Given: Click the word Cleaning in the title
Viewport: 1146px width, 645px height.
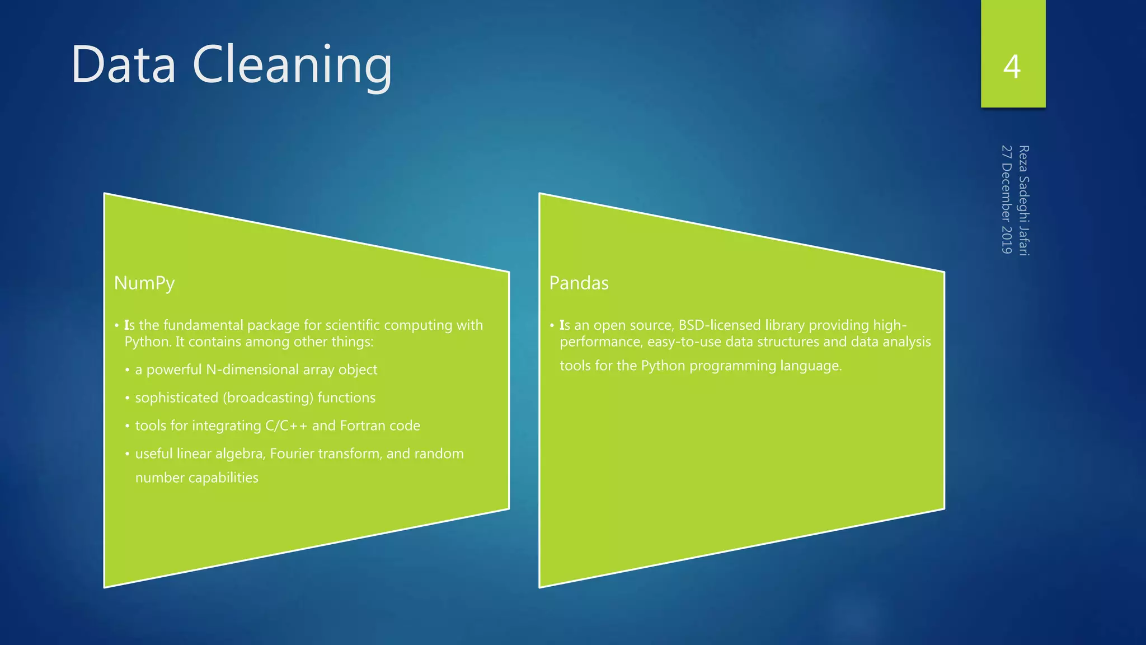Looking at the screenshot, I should pos(292,66).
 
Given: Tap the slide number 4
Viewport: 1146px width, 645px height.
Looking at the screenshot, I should pos(1012,67).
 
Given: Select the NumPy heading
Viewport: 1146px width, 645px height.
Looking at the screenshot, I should pos(144,283).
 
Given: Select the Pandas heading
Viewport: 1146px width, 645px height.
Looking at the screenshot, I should pos(579,283).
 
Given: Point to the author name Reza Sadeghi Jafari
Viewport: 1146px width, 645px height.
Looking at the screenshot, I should pos(1023,200).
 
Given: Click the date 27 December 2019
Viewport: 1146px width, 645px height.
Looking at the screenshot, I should pos(1007,199).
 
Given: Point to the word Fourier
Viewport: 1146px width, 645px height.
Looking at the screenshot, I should pos(292,454).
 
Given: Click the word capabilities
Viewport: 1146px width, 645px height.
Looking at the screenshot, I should pos(223,478).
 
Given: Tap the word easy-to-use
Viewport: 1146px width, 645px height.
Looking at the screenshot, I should pos(684,342).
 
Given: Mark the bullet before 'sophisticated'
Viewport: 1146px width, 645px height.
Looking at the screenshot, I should pos(128,398).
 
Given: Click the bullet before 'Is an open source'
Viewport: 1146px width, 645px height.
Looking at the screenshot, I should pos(552,325).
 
